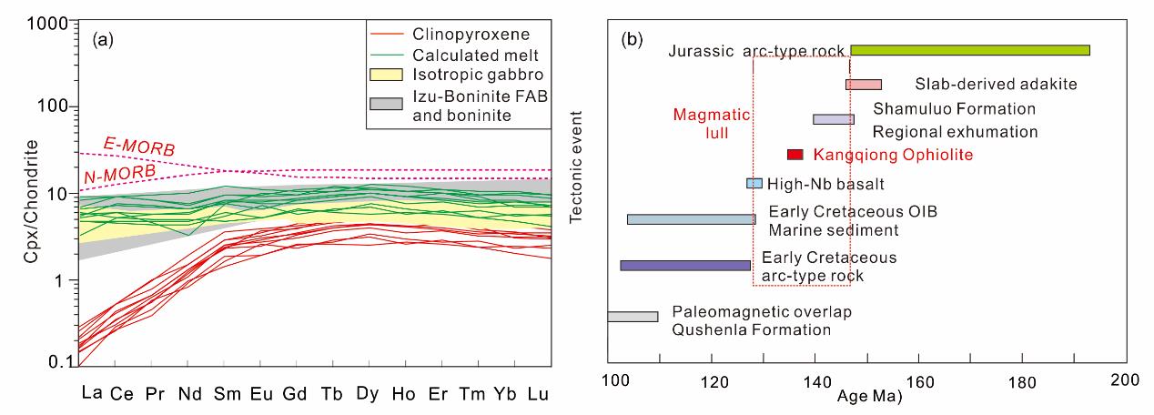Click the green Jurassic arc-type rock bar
(x=969, y=50)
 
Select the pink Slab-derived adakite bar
(x=863, y=85)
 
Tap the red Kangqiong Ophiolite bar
(x=795, y=155)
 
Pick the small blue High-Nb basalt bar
(x=754, y=183)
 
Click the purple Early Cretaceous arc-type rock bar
(x=685, y=265)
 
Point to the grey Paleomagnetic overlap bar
(x=633, y=316)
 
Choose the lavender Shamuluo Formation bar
(x=833, y=119)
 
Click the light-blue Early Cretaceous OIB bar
(x=691, y=219)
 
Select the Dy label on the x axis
(x=367, y=394)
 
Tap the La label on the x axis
(x=91, y=394)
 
